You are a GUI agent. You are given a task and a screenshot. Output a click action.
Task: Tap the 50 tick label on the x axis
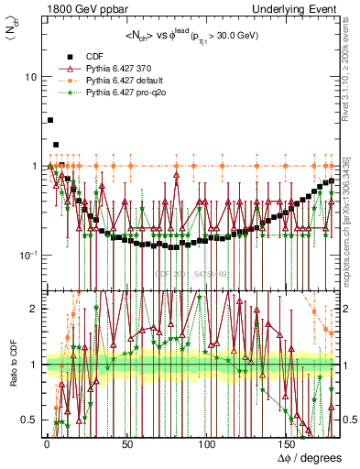point(125,445)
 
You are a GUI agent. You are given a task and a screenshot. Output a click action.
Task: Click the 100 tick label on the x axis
point(207,445)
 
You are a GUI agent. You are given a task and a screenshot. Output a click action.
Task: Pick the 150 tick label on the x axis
point(288,445)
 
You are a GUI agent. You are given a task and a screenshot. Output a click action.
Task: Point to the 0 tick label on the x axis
point(45,445)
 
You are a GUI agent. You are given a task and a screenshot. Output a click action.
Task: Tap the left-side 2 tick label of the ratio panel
point(34,309)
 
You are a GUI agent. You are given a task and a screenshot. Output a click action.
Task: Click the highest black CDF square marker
point(50,120)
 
